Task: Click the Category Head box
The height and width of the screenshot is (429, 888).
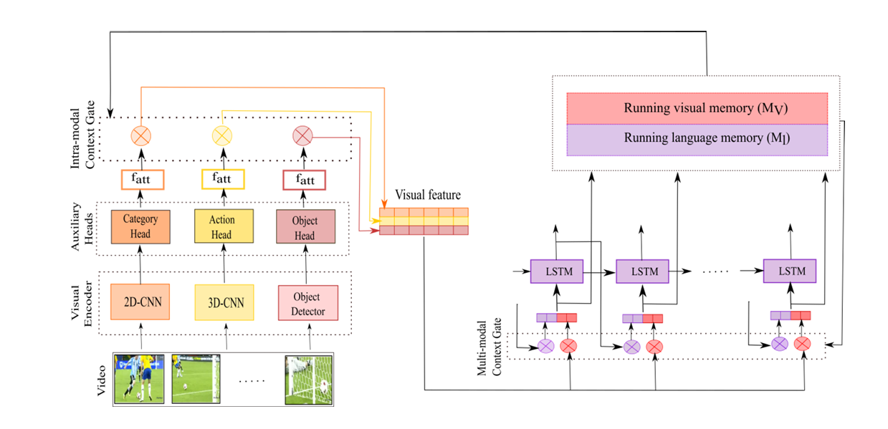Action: tap(140, 226)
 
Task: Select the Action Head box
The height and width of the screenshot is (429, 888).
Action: tap(224, 226)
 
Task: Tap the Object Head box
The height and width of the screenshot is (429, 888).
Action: tap(305, 226)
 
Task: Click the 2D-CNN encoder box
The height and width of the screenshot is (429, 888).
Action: tap(140, 302)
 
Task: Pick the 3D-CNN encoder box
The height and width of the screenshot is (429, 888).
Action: tap(224, 302)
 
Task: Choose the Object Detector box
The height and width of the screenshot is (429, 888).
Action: tap(308, 303)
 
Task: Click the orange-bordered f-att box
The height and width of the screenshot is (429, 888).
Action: tap(143, 180)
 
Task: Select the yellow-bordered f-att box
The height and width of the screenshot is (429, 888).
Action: tap(223, 179)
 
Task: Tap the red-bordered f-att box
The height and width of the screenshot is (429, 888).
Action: tap(305, 180)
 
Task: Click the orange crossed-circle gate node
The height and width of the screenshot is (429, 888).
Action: tap(141, 136)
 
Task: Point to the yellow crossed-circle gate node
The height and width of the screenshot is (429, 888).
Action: tap(222, 136)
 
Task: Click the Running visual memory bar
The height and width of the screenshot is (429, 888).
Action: tap(697, 109)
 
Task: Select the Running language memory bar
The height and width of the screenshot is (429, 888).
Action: tap(697, 140)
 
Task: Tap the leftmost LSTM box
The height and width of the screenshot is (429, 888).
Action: tap(557, 271)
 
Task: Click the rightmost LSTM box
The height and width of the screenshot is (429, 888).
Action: tap(790, 271)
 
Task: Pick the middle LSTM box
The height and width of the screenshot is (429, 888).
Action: tap(643, 271)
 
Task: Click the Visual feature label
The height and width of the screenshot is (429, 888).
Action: tap(428, 196)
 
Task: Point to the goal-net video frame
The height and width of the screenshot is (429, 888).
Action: tap(309, 380)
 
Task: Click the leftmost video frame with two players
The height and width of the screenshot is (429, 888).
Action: tap(139, 379)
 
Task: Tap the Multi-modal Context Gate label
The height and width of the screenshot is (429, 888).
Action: tap(489, 347)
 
